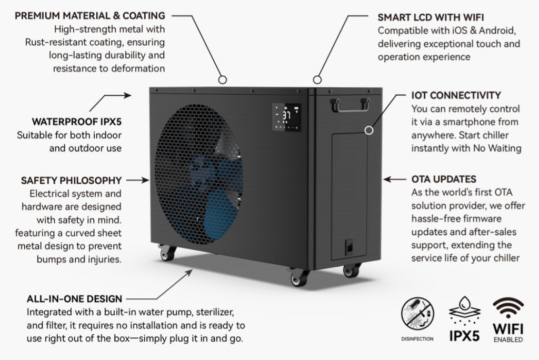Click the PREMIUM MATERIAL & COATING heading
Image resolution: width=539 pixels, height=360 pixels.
pyautogui.click(x=89, y=16)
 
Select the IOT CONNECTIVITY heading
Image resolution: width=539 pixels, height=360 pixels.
pyautogui.click(x=456, y=95)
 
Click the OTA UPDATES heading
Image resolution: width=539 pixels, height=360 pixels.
pyautogui.click(x=444, y=179)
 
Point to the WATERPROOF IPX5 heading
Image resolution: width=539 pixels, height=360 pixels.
pyautogui.click(x=76, y=122)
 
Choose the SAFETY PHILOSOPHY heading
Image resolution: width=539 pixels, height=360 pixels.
pyautogui.click(x=71, y=180)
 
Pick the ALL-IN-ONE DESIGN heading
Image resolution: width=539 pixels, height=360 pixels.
pyautogui.click(x=74, y=299)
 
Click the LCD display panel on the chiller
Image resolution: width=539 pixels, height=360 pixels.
pyautogui.click(x=287, y=117)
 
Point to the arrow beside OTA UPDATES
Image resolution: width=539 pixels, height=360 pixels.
pyautogui.click(x=395, y=179)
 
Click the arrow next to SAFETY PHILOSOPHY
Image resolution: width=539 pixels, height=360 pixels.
pyautogui.click(x=138, y=180)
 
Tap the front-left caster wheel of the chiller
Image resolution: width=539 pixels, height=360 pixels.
pyautogui.click(x=168, y=253)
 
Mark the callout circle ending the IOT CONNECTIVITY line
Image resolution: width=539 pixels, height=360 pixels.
pyautogui.click(x=370, y=129)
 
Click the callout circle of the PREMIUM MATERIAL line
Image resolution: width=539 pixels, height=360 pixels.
pyautogui.click(x=222, y=79)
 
